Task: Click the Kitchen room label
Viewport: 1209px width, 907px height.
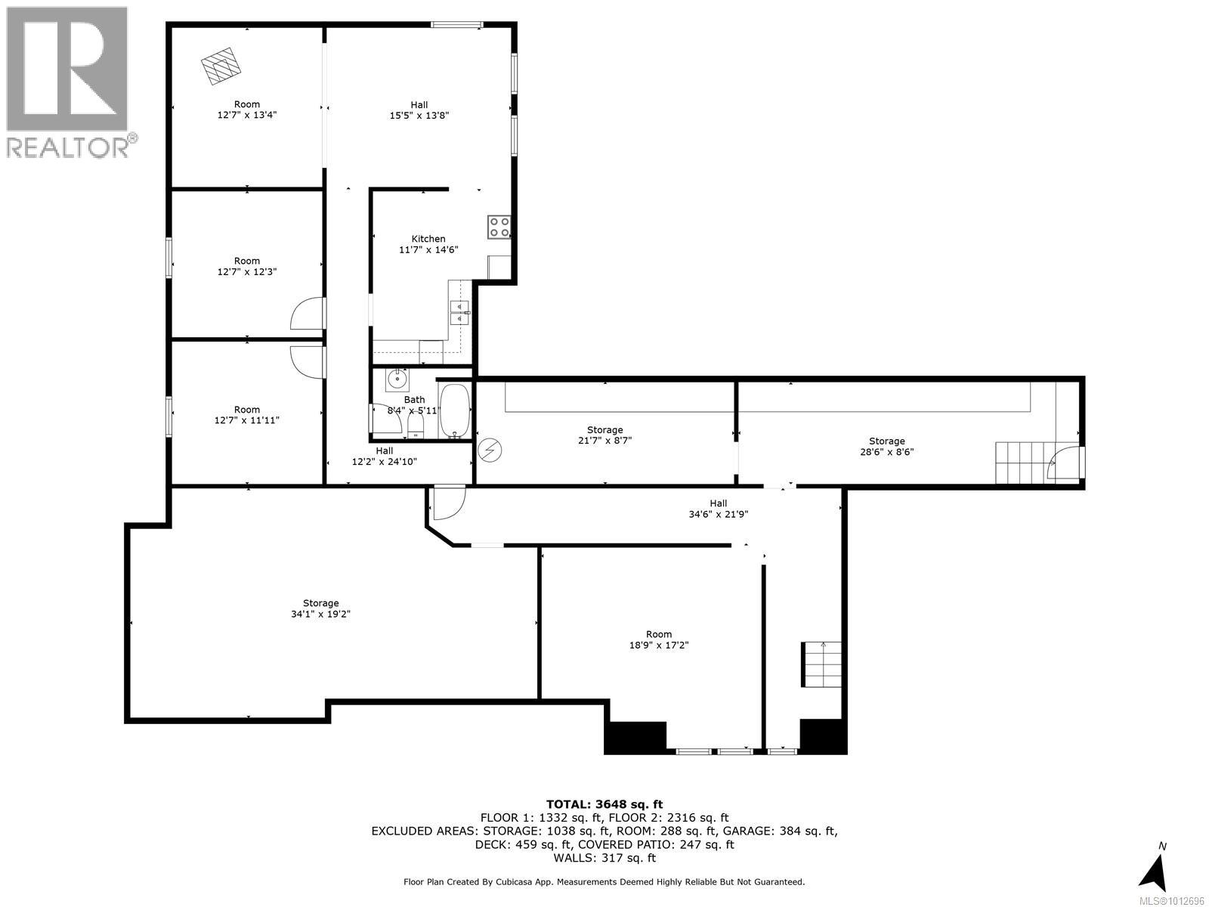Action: tap(428, 239)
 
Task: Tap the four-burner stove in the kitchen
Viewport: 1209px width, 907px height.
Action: tap(499, 227)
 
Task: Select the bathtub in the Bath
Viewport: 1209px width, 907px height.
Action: tap(454, 411)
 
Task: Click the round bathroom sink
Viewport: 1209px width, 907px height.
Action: tap(397, 379)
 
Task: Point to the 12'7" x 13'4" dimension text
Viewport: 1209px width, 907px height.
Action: tap(246, 116)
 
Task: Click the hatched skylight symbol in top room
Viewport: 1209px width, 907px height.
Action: tap(221, 66)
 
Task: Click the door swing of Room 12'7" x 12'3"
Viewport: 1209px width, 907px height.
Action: tap(308, 314)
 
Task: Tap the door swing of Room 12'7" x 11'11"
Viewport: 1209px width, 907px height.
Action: tap(308, 361)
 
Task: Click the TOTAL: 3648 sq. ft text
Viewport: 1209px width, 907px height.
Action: tap(604, 804)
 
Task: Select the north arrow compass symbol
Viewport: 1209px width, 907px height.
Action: tap(1153, 870)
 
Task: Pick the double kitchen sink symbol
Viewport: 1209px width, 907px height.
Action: tap(460, 311)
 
